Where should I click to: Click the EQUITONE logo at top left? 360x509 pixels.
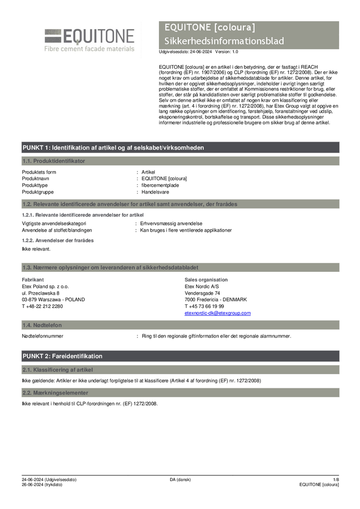(90, 39)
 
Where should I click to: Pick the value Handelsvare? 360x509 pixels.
(155, 192)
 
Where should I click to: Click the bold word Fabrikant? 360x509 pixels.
(33, 280)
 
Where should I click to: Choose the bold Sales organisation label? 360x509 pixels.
(206, 280)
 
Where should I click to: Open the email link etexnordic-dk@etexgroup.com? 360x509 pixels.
(217, 313)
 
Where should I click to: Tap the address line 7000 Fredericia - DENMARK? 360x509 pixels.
(215, 300)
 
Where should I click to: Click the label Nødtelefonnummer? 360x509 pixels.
(42, 336)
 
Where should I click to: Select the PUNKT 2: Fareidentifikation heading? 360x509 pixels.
(62, 356)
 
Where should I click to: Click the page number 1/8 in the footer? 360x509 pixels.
(336, 479)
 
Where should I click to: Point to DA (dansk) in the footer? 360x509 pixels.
(180, 479)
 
